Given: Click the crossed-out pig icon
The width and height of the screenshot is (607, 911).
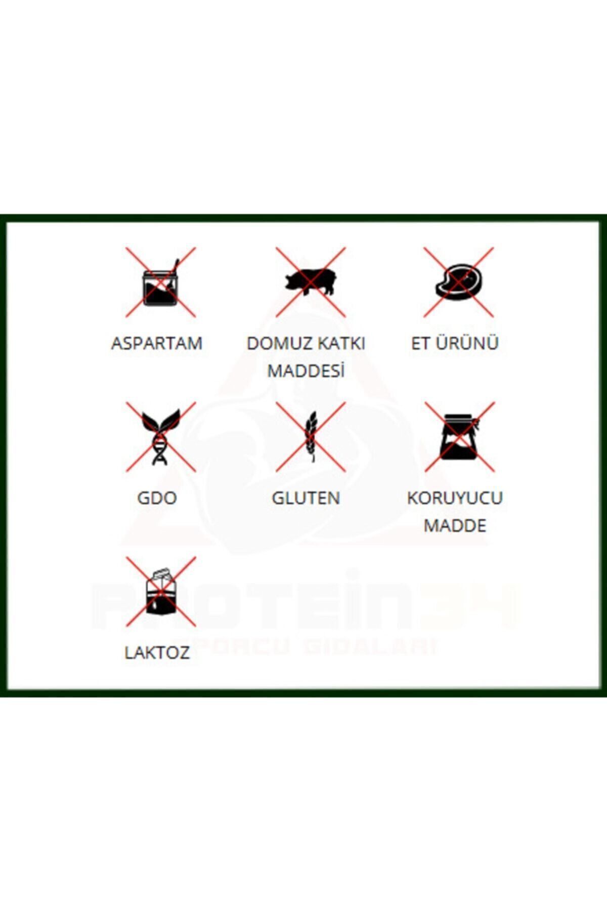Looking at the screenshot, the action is point(311,282).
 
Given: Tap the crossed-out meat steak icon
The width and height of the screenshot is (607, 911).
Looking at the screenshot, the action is point(459,282).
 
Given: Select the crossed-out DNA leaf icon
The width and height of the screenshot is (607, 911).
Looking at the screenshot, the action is point(161,437).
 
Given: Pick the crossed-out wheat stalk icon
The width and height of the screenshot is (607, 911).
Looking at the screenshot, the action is point(311,437).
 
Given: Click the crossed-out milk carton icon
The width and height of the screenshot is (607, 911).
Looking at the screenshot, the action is point(161,592).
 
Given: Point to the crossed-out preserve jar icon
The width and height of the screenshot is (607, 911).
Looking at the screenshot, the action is point(459,437).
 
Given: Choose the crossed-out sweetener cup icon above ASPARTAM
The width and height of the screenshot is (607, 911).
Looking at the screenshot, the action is point(161,282).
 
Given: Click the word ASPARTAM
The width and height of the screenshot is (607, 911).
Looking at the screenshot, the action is point(157,343).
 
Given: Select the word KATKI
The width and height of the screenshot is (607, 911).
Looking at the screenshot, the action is point(340,343).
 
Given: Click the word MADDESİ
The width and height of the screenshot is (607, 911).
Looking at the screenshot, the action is point(306,370).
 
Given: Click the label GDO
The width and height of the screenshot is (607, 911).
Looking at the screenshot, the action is point(157,498).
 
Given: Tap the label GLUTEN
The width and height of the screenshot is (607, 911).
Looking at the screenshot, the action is point(306,498).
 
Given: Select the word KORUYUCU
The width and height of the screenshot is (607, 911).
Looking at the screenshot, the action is point(455,498).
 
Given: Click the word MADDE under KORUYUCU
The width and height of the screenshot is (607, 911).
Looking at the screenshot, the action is point(455,525).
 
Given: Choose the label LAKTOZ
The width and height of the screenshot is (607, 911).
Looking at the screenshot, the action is point(157,652).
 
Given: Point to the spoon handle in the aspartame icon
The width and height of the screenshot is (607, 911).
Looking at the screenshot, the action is point(174,267).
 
